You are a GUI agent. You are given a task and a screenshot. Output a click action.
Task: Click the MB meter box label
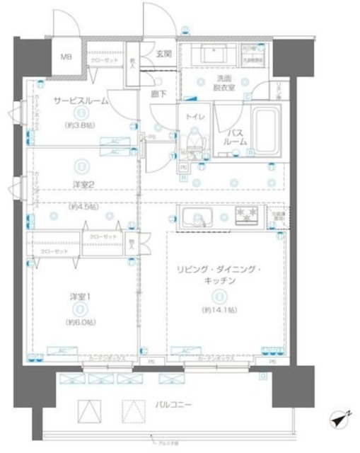tap(65, 57)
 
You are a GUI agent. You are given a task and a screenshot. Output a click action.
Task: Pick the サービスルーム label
tap(81, 101)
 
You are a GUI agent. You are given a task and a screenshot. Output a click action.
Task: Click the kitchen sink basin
tap(196, 219)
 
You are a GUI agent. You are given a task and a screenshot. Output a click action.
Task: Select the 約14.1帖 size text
tap(221, 311)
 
